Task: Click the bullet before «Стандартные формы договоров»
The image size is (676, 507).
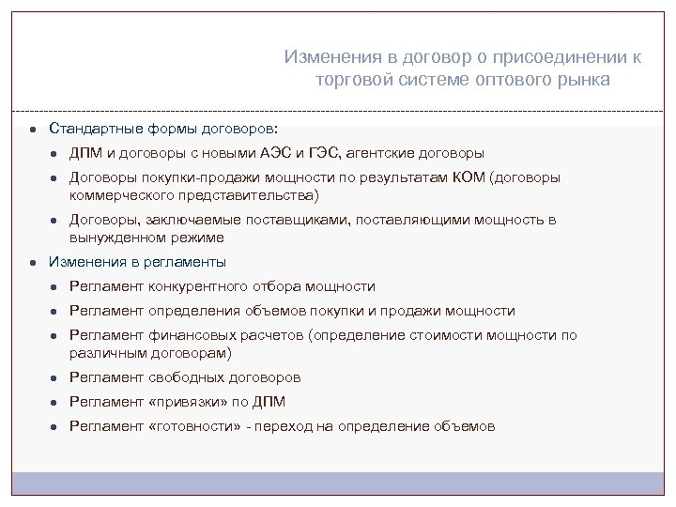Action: (31, 128)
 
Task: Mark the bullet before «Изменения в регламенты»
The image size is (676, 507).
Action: (31, 263)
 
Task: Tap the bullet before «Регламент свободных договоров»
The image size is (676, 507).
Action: (55, 378)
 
